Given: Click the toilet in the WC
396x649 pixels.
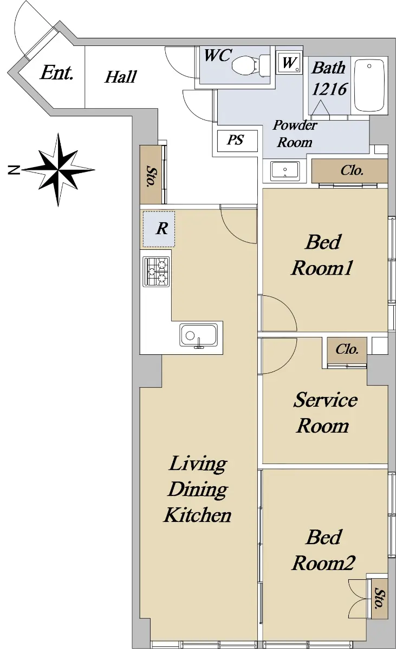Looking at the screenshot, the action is (x=251, y=66).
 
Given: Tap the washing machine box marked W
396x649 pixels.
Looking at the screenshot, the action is (x=289, y=63).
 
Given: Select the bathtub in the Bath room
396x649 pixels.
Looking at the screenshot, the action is (x=369, y=85).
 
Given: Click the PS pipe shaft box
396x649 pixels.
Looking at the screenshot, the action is (x=237, y=141).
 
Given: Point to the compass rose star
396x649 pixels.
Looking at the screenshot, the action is (x=59, y=169).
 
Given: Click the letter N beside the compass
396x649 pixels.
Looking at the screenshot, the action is (x=14, y=170).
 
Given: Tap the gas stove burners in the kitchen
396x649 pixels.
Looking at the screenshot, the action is (x=156, y=271).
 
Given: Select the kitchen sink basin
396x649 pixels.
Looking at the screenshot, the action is (x=198, y=335).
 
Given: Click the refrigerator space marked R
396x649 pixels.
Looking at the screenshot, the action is (x=159, y=229).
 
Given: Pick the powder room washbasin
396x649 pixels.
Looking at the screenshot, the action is (x=284, y=171).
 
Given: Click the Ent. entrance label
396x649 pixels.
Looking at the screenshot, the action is (x=56, y=72).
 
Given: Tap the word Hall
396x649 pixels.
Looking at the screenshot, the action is (x=121, y=77).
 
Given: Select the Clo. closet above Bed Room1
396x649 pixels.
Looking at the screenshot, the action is (x=349, y=171).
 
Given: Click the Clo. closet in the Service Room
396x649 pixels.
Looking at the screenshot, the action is (x=347, y=350).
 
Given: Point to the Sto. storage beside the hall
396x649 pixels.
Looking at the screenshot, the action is (x=151, y=174).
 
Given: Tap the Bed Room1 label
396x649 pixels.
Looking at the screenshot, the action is (x=322, y=255).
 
